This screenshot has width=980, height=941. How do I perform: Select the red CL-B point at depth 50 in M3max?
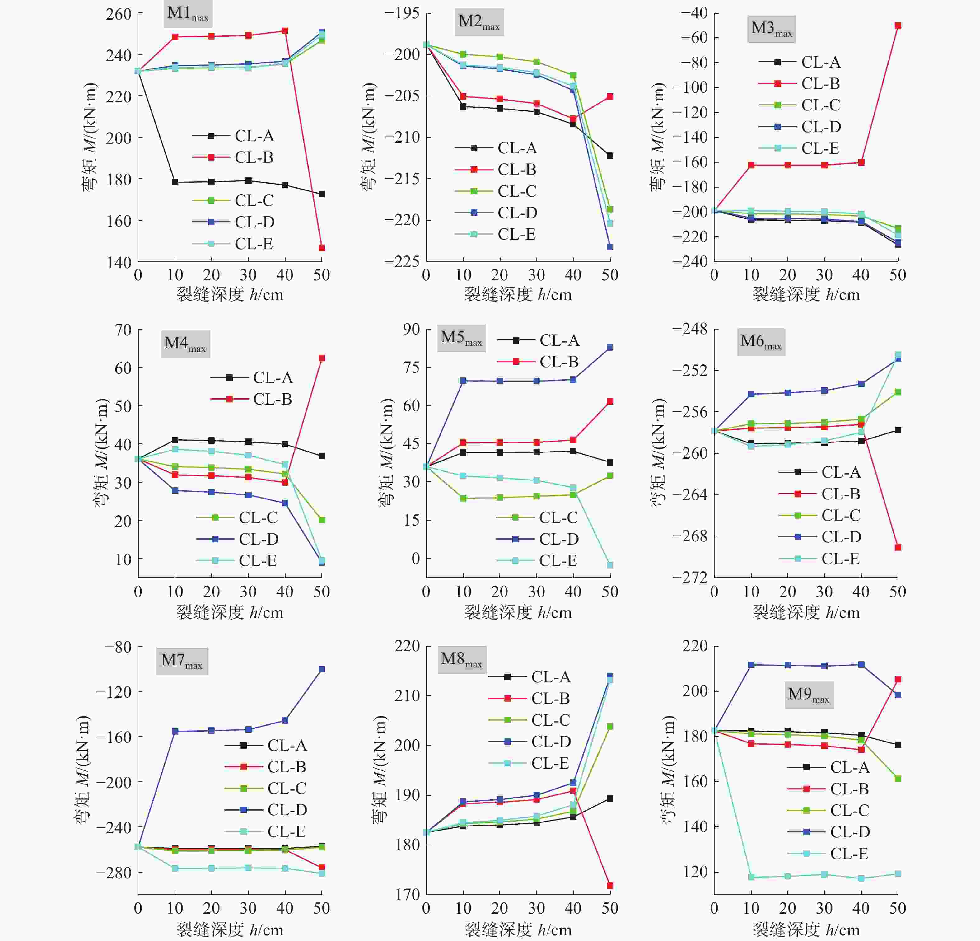(x=898, y=26)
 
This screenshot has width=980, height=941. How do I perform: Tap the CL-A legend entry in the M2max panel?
(x=516, y=148)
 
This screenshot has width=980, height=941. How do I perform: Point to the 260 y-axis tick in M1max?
(x=119, y=14)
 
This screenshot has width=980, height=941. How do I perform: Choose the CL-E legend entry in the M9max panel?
(x=848, y=854)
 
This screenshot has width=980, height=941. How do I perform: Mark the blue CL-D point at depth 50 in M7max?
(x=321, y=669)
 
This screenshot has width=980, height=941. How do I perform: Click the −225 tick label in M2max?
(x=402, y=261)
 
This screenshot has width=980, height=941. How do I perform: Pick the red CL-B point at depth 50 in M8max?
(x=609, y=886)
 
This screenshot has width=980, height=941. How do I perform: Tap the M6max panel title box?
(x=760, y=342)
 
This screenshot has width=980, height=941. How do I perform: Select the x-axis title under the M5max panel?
(x=518, y=612)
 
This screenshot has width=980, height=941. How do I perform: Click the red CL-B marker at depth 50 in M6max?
(x=898, y=547)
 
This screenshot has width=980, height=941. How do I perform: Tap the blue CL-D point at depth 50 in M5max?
(x=609, y=348)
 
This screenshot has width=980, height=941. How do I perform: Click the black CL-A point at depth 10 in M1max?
(x=175, y=182)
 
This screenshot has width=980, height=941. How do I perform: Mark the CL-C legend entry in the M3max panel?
(x=820, y=105)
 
